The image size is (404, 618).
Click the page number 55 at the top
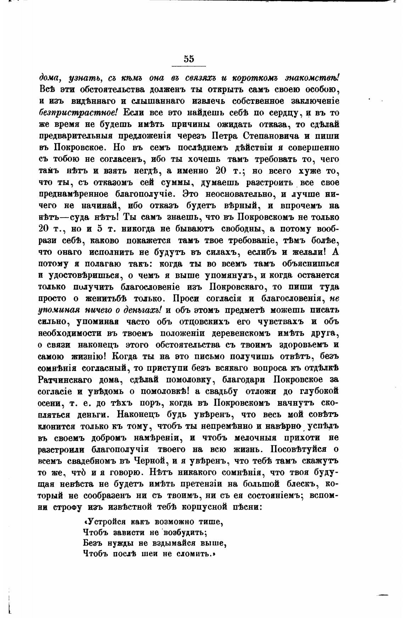coord(189,59)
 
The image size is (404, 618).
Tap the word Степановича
coord(278,136)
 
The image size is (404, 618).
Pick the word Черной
coord(150,461)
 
